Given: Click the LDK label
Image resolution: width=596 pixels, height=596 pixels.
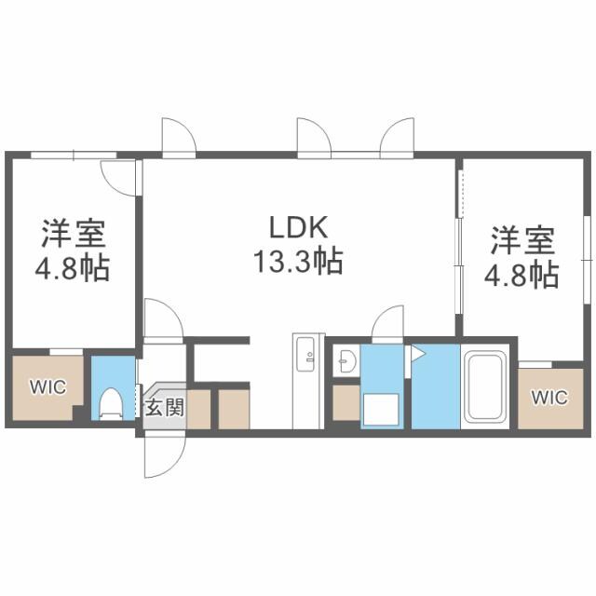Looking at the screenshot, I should coord(297,227).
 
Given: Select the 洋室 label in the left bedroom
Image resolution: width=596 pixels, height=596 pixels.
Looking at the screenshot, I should coord(73,234).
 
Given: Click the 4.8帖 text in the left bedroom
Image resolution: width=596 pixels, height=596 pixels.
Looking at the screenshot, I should coord(73,269).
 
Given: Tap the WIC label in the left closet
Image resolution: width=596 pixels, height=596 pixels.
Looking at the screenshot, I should coord(47,387).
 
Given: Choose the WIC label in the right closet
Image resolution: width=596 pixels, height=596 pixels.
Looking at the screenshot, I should coord(549,397).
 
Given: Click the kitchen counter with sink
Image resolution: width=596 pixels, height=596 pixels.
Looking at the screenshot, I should coord(307,378).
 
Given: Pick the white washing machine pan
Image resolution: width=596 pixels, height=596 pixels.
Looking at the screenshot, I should coord(380,407).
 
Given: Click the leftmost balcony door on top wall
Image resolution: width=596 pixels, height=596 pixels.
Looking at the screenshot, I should coord(178,135).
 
